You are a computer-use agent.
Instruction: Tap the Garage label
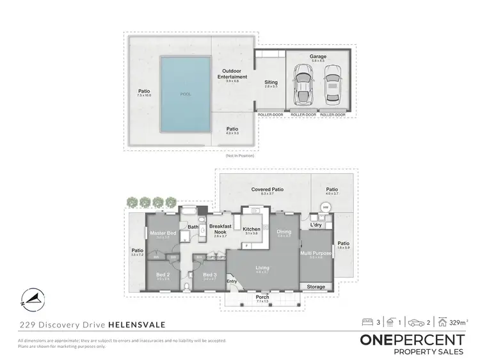tap(318, 56)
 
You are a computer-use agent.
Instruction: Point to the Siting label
tap(271, 82)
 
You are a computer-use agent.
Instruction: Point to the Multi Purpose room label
tap(316, 253)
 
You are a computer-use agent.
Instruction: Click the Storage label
tap(316, 287)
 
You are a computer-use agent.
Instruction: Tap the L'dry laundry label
tap(316, 225)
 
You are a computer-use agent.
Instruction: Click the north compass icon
tap(33, 297)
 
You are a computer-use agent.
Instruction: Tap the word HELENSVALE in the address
tap(136, 325)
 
